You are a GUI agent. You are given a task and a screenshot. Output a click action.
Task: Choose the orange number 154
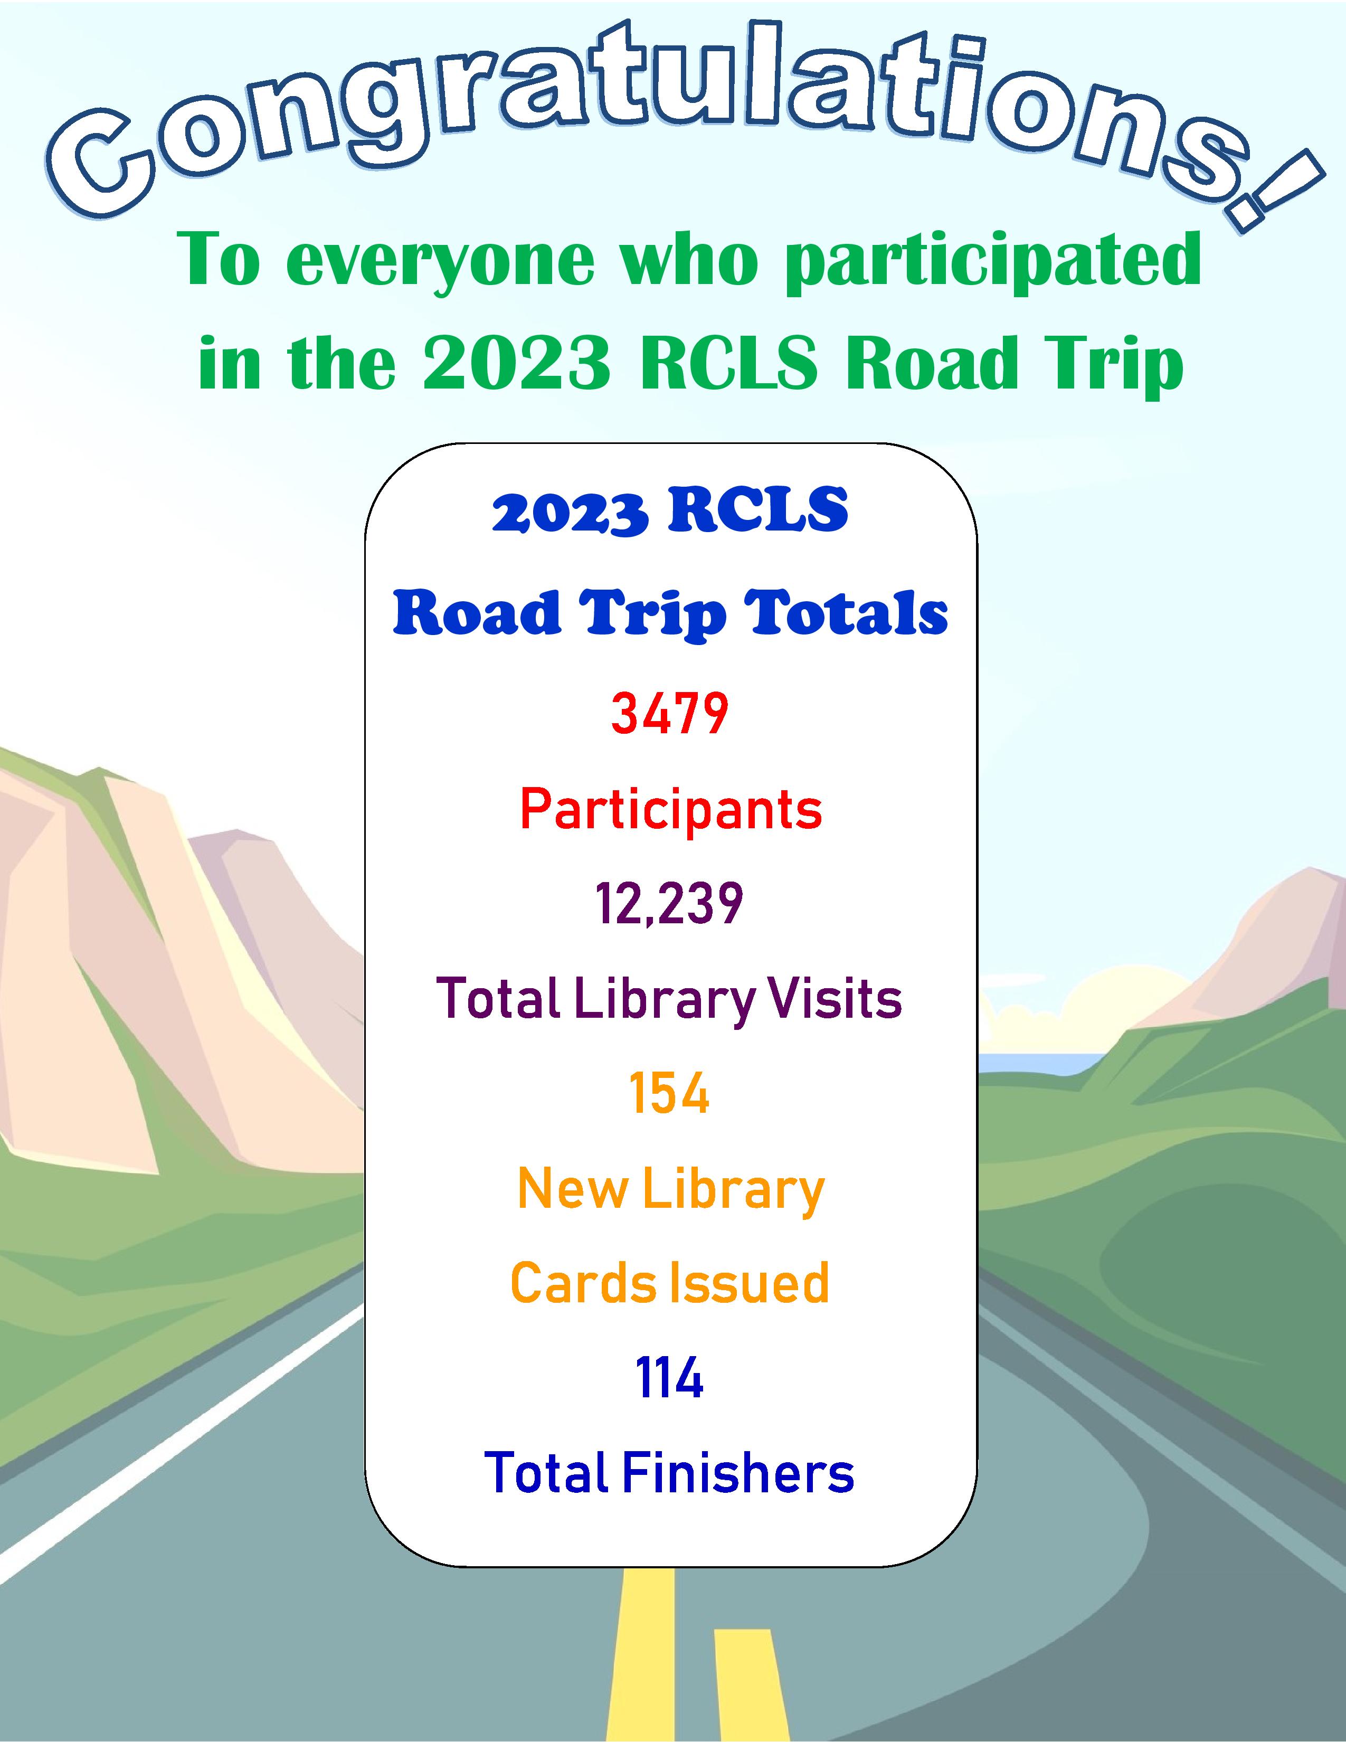(670, 1093)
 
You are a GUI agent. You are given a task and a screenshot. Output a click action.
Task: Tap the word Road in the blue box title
(476, 614)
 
